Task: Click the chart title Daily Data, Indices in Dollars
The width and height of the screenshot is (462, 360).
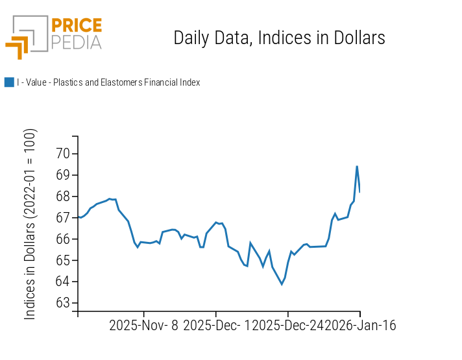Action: pyautogui.click(x=279, y=38)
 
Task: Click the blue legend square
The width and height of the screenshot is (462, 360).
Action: pyautogui.click(x=9, y=82)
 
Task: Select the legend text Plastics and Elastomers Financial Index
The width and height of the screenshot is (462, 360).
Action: pyautogui.click(x=108, y=82)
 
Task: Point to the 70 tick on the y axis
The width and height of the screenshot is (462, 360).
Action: pyautogui.click(x=63, y=154)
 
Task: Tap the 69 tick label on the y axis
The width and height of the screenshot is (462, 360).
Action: pyautogui.click(x=63, y=175)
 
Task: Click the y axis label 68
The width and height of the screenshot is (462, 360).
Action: pyautogui.click(x=63, y=197)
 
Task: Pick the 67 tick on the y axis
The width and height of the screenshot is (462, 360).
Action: pyautogui.click(x=63, y=218)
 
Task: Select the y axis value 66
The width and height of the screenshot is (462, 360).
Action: pyautogui.click(x=63, y=239)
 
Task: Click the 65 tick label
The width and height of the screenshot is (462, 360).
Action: pyautogui.click(x=63, y=261)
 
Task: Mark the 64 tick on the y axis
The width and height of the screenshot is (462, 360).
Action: pyautogui.click(x=63, y=282)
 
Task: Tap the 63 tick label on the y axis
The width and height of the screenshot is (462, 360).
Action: pyautogui.click(x=63, y=303)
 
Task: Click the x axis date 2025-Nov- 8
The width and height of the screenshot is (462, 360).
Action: pyautogui.click(x=143, y=326)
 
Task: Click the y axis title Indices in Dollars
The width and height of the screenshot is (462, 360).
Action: pyautogui.click(x=30, y=224)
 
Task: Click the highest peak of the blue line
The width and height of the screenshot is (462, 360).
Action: pyautogui.click(x=357, y=166)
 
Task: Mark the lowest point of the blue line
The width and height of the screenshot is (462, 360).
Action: pyautogui.click(x=282, y=284)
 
